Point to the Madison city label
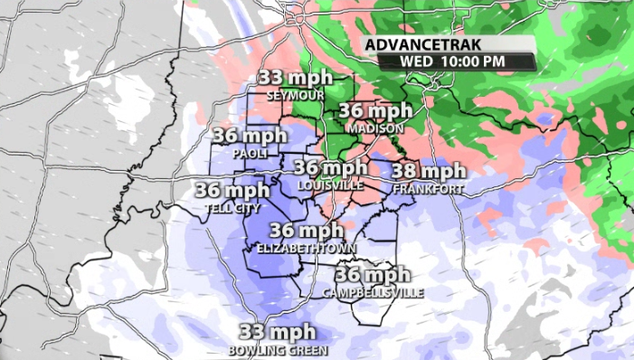click(x=374, y=128)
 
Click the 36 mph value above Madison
click(x=375, y=111)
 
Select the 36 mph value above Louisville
click(x=330, y=167)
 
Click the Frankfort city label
click(x=428, y=188)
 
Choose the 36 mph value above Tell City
click(x=232, y=190)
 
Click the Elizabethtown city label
click(x=306, y=247)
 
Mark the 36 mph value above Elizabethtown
click(x=306, y=230)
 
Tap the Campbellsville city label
click(x=372, y=293)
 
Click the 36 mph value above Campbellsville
click(x=372, y=275)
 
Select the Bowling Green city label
click(x=278, y=349)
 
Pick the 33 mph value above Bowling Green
click(x=277, y=332)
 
